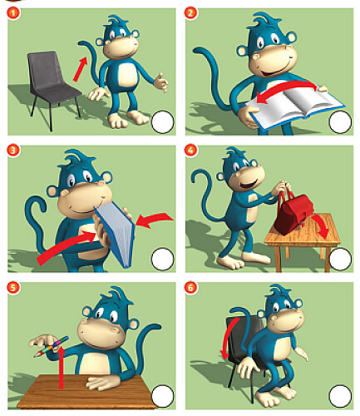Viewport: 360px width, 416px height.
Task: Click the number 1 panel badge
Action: click(x=13, y=13)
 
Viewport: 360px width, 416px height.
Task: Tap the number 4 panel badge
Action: click(x=190, y=150)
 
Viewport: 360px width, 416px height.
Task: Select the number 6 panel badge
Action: click(x=190, y=287)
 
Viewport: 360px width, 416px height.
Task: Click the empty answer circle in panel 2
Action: click(x=340, y=121)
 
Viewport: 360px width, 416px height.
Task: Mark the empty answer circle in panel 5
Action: click(x=163, y=396)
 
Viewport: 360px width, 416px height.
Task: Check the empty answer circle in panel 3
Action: click(x=163, y=259)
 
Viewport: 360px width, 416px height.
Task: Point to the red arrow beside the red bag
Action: click(x=320, y=226)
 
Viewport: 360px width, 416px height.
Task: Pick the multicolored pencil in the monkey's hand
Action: click(x=51, y=347)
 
